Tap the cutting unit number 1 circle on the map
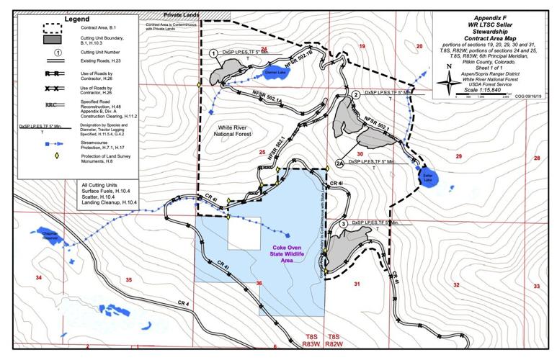click(213, 53)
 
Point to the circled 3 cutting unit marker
click(344, 225)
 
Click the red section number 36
click(259, 283)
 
